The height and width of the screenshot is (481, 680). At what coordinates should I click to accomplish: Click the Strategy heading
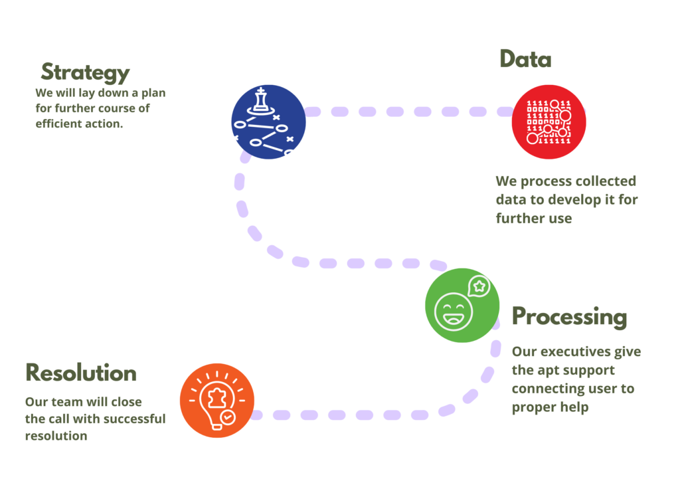[85, 72]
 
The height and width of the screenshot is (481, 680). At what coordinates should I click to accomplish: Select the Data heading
[525, 60]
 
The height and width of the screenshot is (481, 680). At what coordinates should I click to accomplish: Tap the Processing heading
[568, 317]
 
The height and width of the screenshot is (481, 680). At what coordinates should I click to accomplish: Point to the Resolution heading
[80, 373]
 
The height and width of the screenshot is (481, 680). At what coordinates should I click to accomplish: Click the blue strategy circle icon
[268, 122]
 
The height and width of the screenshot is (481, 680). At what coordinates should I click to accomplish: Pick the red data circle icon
[549, 122]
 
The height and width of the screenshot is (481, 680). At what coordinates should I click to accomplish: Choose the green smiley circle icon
[462, 306]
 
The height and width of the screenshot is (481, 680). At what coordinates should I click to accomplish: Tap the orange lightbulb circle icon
[217, 401]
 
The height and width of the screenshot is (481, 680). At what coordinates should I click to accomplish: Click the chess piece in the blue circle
[262, 100]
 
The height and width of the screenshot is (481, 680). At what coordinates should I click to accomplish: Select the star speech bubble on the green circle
[479, 286]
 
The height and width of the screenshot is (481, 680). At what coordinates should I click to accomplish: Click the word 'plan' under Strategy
[153, 93]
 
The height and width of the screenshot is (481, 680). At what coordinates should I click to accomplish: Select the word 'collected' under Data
[604, 181]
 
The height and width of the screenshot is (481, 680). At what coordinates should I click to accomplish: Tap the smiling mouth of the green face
[454, 318]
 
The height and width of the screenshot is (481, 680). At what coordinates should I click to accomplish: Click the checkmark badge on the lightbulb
[228, 417]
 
